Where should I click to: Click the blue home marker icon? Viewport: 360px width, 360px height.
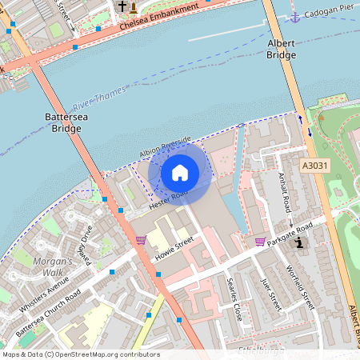[x=180, y=172]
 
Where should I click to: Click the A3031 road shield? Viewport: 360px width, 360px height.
[x=315, y=166]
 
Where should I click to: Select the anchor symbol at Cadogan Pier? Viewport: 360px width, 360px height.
[x=294, y=16]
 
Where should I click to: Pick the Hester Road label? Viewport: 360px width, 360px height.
[x=168, y=200]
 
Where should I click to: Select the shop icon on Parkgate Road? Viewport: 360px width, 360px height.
[x=260, y=241]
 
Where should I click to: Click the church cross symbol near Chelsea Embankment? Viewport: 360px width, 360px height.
[x=122, y=7]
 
